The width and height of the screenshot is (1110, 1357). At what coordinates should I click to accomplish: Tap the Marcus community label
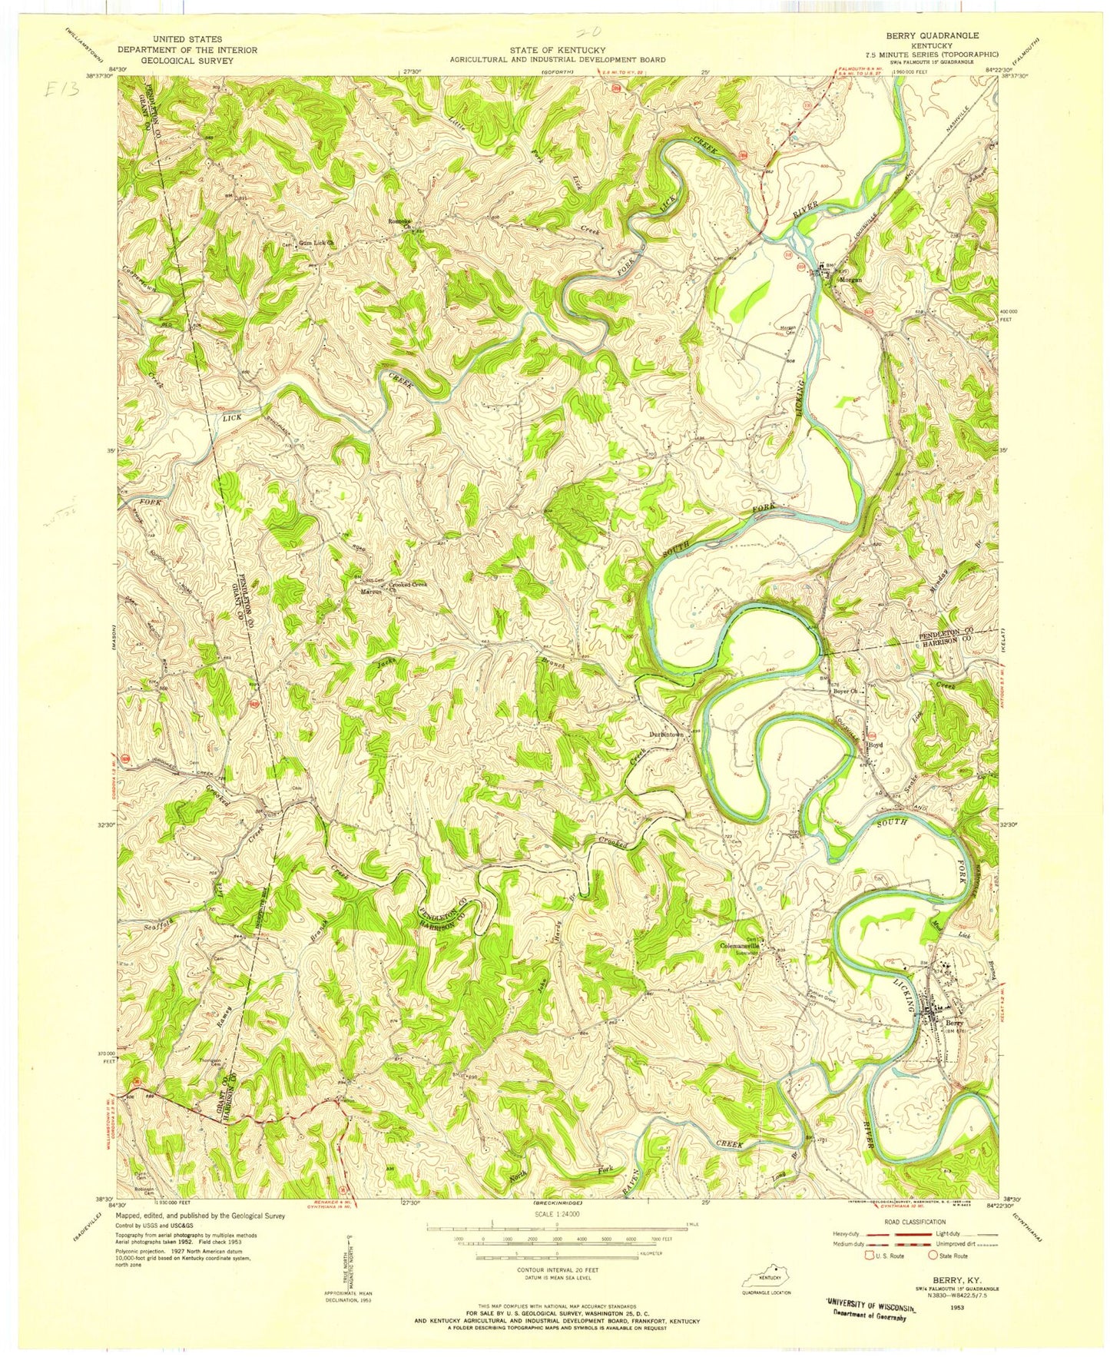(x=372, y=592)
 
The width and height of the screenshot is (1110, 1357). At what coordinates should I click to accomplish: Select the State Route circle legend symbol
(x=933, y=1256)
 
